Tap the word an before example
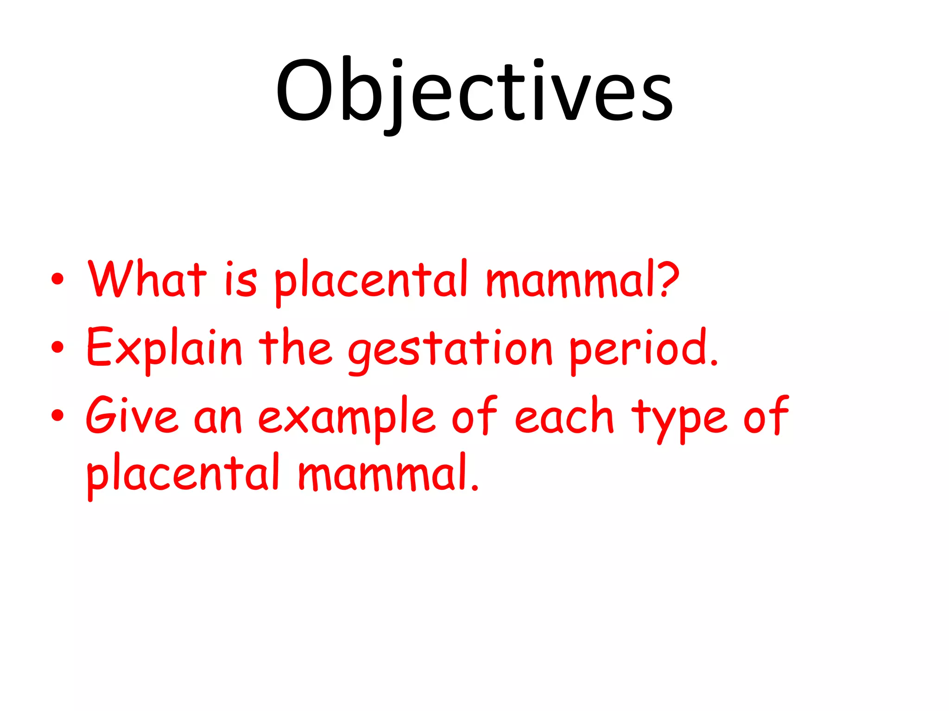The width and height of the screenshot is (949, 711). point(218,419)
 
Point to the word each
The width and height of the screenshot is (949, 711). point(564,417)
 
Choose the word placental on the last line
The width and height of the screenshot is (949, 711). point(183,474)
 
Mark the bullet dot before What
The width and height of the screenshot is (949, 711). point(57,279)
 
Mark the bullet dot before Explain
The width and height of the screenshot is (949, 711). point(57,347)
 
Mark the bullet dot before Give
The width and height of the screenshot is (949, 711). point(57,415)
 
